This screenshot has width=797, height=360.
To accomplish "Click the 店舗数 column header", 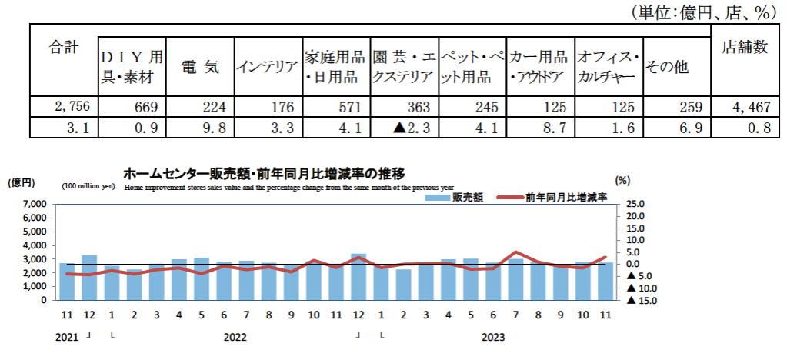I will pos(745,48).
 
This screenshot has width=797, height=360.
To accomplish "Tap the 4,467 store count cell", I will pos(745,107).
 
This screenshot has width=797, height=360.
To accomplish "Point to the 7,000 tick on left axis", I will pos(33,205).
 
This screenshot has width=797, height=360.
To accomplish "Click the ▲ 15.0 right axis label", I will pos(643,301).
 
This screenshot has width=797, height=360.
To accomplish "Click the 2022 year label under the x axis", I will pos(235,337).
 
